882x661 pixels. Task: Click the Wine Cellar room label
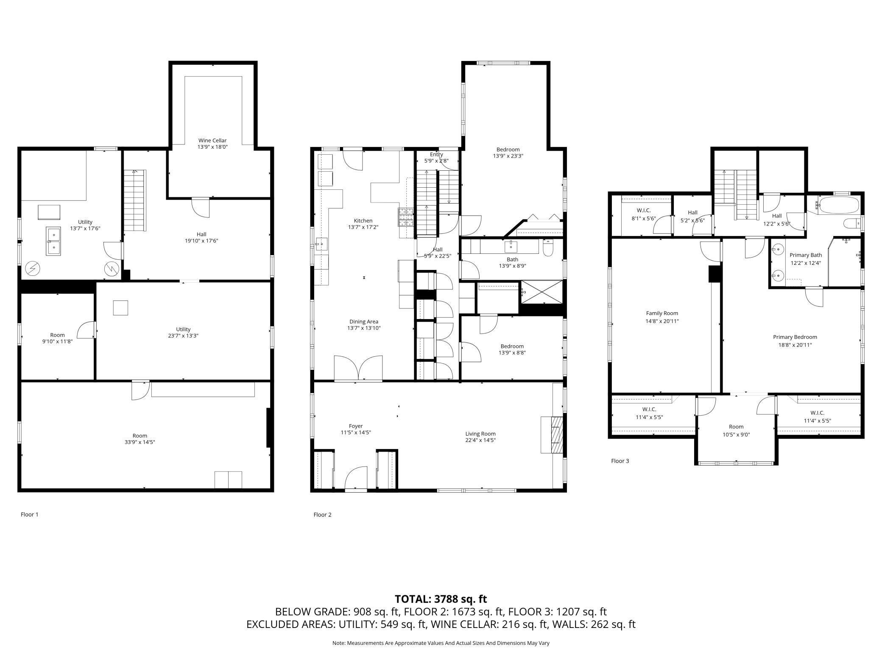(x=212, y=140)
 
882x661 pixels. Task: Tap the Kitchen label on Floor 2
(x=363, y=220)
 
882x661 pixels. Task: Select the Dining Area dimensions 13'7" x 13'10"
(x=363, y=328)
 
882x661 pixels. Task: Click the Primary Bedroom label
(x=795, y=337)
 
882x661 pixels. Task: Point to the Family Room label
(x=662, y=314)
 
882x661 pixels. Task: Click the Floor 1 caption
(x=30, y=514)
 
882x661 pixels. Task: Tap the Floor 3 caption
(x=620, y=461)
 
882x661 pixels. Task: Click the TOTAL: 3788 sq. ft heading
(x=441, y=599)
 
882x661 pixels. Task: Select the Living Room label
(x=480, y=433)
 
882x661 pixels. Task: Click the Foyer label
(x=356, y=426)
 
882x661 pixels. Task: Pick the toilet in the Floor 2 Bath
(x=548, y=248)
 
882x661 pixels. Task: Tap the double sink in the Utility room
(x=53, y=241)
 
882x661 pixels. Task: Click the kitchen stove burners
(x=405, y=218)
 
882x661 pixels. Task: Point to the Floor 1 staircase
(x=135, y=200)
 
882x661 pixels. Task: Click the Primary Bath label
(x=806, y=255)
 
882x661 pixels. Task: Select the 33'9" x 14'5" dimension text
(x=140, y=442)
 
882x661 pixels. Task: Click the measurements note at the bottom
(x=441, y=643)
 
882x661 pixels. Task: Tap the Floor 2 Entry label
(x=436, y=154)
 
